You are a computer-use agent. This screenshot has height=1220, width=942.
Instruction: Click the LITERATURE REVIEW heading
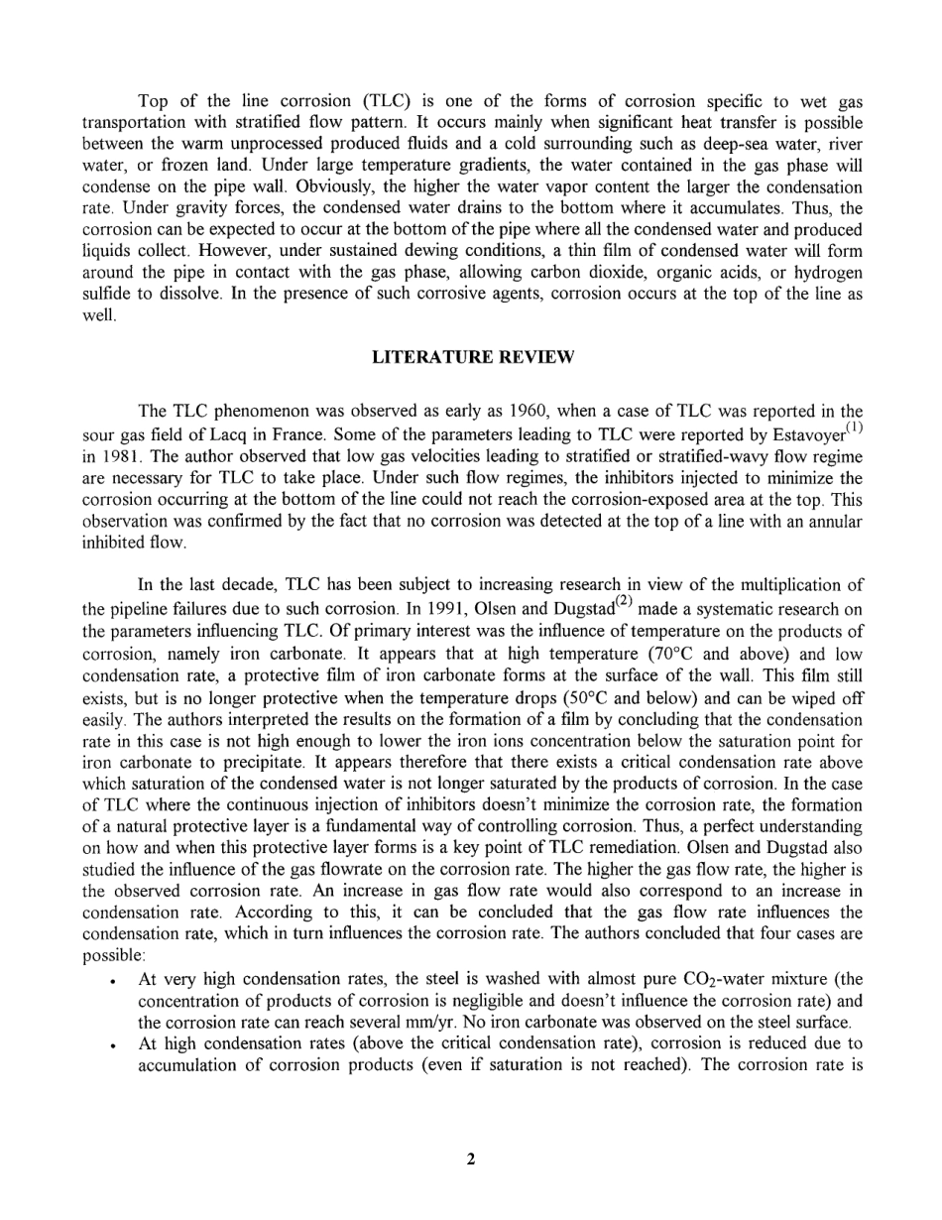coord(473,358)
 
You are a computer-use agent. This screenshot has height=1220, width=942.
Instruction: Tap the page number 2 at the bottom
coord(471,1158)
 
